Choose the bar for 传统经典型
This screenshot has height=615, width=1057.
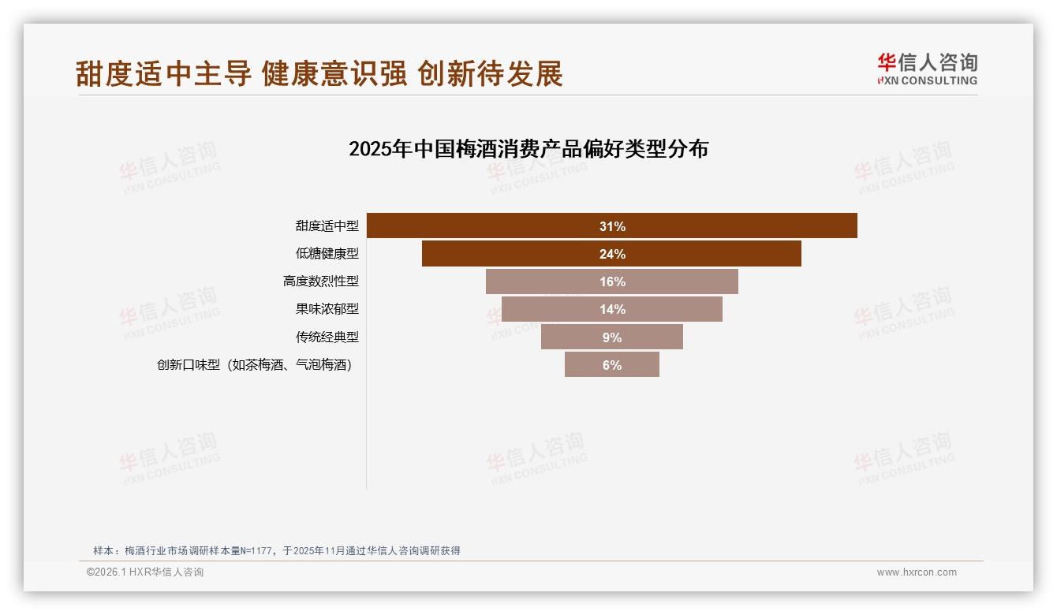point(576,337)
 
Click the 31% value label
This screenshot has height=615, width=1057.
point(612,226)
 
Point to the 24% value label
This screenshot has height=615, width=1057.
point(612,254)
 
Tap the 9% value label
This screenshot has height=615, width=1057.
point(612,337)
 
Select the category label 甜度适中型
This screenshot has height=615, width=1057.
point(327,226)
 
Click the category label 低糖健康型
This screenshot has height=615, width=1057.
point(327,254)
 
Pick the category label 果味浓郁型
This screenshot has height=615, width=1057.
point(327,309)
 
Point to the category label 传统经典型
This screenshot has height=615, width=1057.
point(327,337)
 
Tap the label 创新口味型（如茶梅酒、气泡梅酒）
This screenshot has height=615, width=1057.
point(254,365)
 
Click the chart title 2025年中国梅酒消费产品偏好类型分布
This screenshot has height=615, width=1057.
point(528,149)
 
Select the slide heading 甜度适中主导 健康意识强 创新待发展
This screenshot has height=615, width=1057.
point(319,73)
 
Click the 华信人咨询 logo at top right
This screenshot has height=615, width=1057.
point(927,69)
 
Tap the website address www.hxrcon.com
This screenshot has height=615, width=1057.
point(917,572)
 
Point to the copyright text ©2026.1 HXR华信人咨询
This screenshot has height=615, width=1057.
point(145,572)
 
